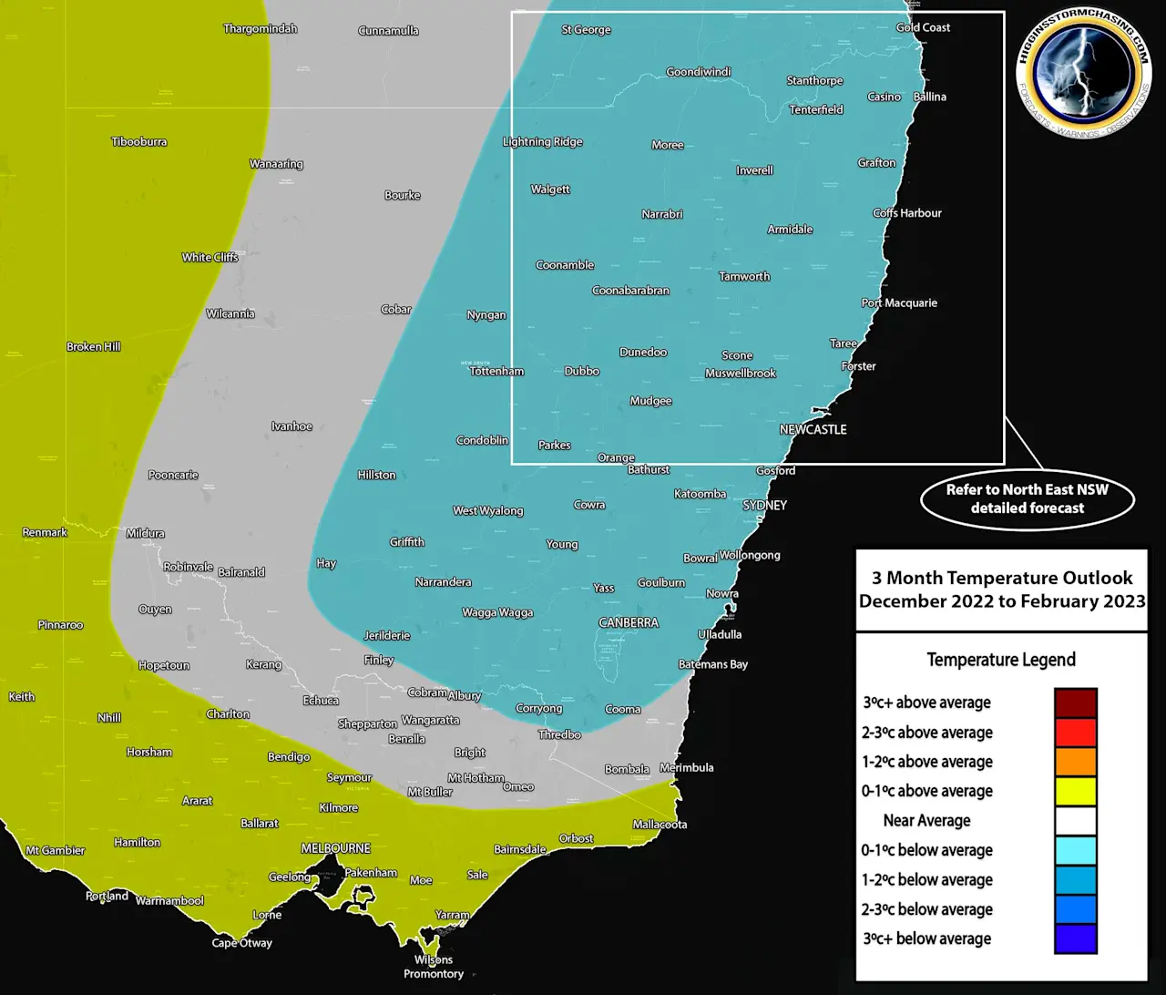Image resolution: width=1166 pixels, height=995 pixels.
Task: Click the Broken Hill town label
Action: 93,347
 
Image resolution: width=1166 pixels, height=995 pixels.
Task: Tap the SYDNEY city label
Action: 764,506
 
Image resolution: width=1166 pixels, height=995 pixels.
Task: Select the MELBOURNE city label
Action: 336,848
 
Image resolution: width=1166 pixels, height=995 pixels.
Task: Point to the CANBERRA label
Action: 629,623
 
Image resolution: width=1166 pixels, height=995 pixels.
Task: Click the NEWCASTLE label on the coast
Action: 813,430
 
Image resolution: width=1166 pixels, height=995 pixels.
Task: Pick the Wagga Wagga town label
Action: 497,613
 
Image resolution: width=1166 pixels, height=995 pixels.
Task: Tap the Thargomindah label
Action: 261,29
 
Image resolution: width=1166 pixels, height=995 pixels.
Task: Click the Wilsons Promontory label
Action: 434,967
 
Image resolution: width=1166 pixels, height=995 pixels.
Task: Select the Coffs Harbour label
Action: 907,213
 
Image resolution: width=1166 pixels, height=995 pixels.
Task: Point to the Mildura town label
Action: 146,534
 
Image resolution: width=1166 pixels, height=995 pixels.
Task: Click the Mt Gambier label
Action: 55,851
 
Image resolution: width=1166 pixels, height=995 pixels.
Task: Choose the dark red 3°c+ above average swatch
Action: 1075,703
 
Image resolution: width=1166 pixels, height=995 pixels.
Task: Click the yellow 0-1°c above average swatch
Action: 1075,792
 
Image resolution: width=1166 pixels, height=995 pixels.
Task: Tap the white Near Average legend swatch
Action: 1075,821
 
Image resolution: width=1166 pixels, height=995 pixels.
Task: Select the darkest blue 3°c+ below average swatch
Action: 1075,939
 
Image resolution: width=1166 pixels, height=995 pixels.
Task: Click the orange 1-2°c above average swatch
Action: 1075,762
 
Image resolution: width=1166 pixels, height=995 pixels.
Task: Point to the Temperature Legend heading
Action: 1001,660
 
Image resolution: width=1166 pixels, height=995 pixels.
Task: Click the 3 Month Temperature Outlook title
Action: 1002,590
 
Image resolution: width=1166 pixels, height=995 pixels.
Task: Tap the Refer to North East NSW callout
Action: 1028,499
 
